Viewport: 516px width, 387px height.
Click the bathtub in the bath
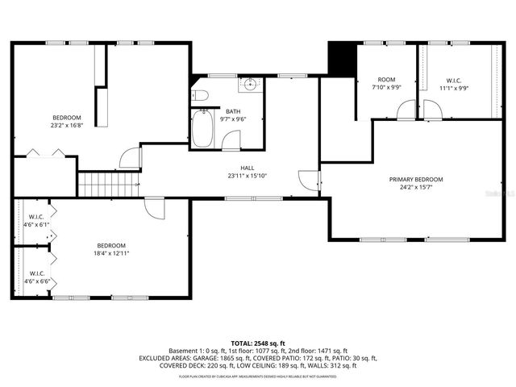[202, 128]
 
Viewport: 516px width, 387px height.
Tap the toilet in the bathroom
[201, 96]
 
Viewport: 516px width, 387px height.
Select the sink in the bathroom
[250, 84]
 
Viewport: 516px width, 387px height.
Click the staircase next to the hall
[109, 185]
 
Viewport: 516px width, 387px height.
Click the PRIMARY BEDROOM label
[416, 179]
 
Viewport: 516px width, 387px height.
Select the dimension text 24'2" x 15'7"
[416, 187]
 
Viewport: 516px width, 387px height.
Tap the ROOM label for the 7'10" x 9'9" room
[386, 80]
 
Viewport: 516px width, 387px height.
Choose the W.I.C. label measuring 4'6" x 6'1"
[36, 217]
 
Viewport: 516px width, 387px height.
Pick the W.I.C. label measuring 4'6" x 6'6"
[36, 273]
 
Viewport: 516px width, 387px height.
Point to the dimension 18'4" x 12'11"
[111, 253]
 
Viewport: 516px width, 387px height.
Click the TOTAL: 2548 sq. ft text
[258, 343]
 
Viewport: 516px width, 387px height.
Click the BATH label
[233, 111]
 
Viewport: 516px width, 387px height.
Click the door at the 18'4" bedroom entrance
[155, 207]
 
